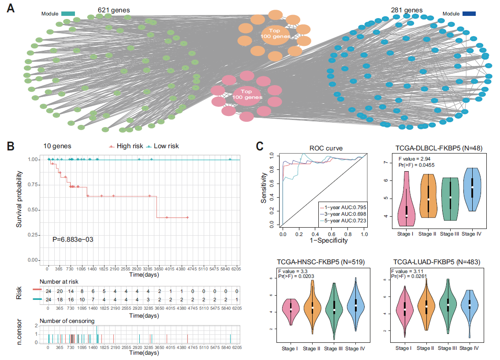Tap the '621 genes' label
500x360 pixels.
point(114,10)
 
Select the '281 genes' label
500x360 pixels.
point(406,10)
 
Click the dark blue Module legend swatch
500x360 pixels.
point(472,14)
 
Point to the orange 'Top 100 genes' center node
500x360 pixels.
point(275,34)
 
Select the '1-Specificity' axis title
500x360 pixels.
point(323,240)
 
